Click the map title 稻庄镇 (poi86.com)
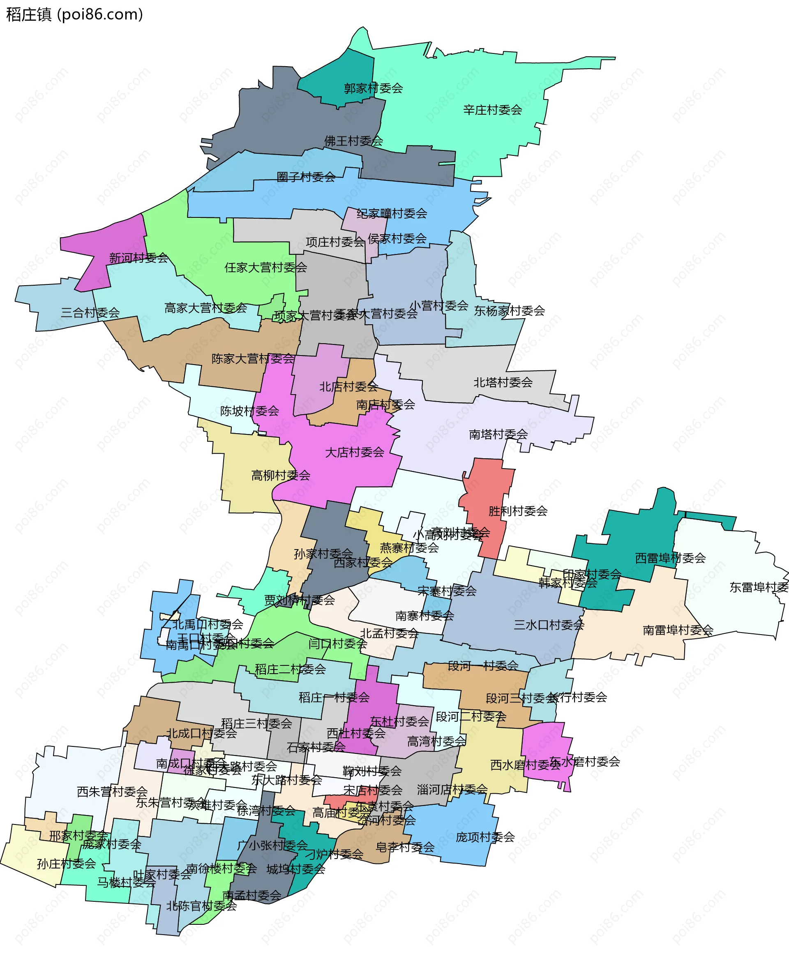74,14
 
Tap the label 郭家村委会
373,88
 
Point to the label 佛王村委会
353,141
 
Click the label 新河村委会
138,258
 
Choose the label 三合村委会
90,312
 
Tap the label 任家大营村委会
265,267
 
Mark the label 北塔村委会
503,382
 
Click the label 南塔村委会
498,434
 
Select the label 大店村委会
355,452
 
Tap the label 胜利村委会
518,511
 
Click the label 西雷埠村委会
670,558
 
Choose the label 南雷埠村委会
678,630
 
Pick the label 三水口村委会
549,624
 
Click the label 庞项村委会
485,837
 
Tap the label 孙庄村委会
66,864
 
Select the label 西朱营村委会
112,792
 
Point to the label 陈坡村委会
249,411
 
